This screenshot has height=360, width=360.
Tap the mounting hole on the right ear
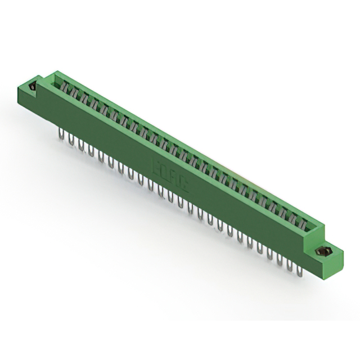(x=325, y=251)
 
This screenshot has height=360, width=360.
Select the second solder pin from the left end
(x=71, y=140)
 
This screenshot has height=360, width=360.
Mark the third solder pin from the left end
(x=80, y=146)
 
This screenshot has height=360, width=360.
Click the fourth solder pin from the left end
(x=91, y=151)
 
